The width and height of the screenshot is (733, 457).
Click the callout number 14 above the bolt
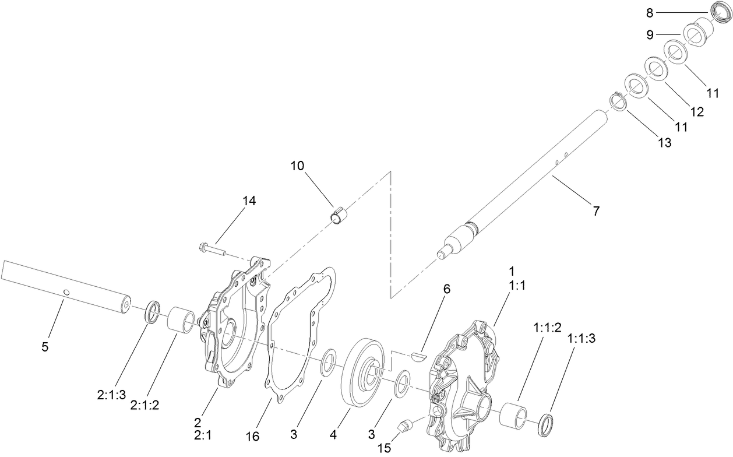[x=249, y=200]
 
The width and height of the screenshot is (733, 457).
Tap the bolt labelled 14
[x=213, y=249]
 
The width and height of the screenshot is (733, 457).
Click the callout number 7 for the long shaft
[x=595, y=211]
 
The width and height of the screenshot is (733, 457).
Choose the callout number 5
[x=45, y=347]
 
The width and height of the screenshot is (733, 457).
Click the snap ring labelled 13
[x=618, y=101]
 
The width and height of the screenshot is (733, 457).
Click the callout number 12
[x=697, y=111]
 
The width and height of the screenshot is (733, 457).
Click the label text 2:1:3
[x=111, y=395]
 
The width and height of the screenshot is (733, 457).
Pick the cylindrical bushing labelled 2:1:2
[x=181, y=320]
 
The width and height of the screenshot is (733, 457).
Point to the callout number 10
[x=298, y=166]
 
